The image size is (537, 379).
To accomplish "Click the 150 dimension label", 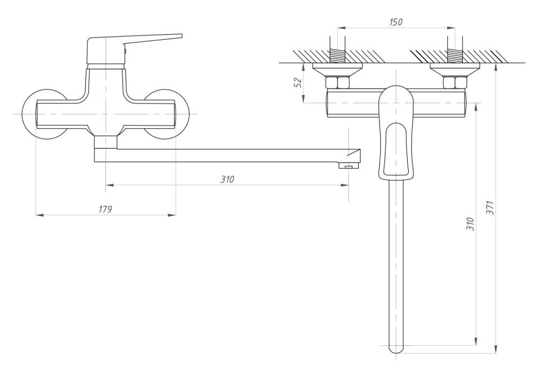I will pyautogui.click(x=396, y=22).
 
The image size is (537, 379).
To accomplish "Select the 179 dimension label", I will pyautogui.click(x=105, y=209).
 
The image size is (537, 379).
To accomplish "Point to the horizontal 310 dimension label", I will pyautogui.click(x=227, y=179).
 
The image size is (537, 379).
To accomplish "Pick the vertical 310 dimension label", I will pyautogui.click(x=470, y=224).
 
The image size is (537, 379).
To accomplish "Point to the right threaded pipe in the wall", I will pyautogui.click(x=455, y=55).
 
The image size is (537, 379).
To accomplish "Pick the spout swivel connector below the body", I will pyautogui.click(x=106, y=142).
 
